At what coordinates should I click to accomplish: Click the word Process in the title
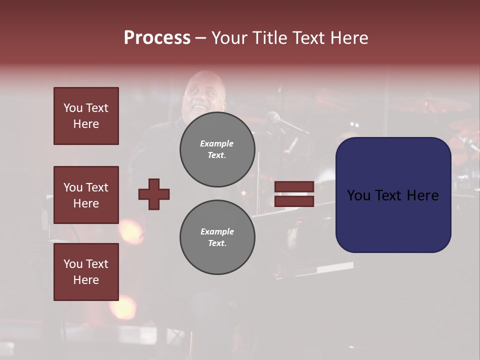click(x=157, y=37)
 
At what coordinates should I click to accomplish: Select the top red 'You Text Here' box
click(x=86, y=116)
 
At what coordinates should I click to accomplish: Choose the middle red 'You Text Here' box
click(x=86, y=195)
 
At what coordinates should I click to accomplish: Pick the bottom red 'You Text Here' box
click(x=86, y=272)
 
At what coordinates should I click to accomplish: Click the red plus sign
click(x=154, y=194)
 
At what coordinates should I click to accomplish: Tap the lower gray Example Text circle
click(x=217, y=237)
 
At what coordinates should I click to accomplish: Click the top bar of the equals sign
click(x=294, y=186)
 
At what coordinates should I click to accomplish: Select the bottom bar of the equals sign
click(x=294, y=201)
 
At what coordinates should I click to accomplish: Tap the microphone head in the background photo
click(x=273, y=118)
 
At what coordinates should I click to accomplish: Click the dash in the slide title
click(x=200, y=38)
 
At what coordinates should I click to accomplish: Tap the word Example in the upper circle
click(x=216, y=143)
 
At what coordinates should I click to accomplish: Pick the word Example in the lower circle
click(x=217, y=231)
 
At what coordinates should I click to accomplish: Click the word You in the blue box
click(x=358, y=195)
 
